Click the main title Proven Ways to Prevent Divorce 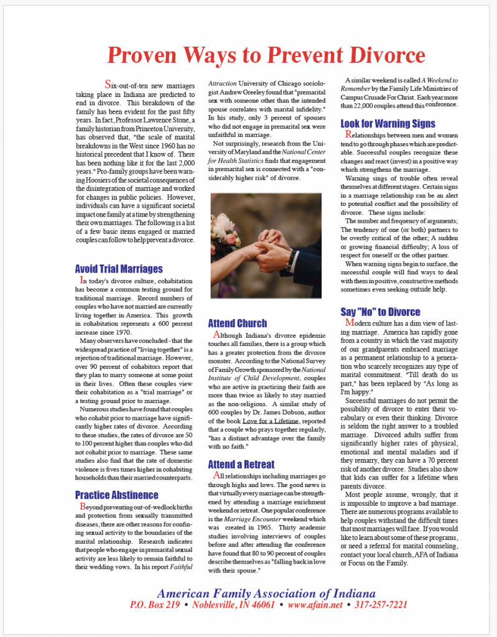pos(266,55)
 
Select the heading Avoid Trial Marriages pos(119,269)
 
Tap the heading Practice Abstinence pos(116,495)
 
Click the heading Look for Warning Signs pos(388,124)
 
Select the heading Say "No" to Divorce pos(380,312)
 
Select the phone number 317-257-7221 pos(381,604)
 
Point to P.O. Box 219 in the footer pos(155,604)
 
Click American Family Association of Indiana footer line pos(266,592)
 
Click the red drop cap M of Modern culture pos(350,323)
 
